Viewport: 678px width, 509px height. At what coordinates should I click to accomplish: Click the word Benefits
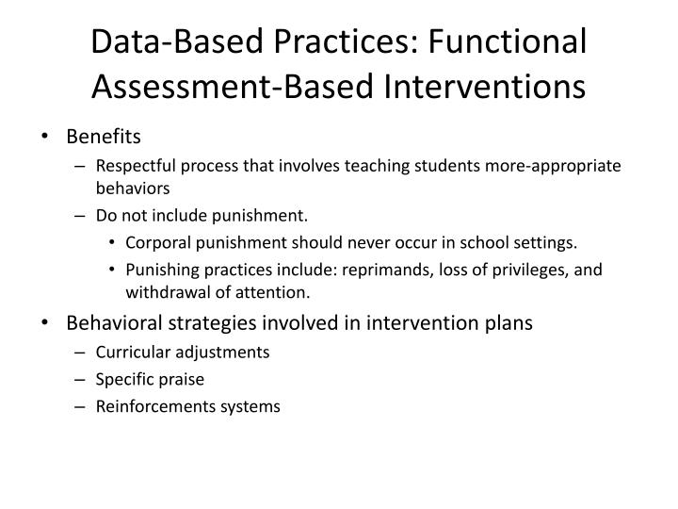pyautogui.click(x=104, y=137)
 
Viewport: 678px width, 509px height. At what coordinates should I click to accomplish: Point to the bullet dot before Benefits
pyautogui.click(x=46, y=137)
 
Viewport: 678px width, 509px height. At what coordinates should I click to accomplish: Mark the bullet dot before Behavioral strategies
pyautogui.click(x=46, y=322)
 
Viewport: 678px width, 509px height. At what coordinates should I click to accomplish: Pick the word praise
pyautogui.click(x=182, y=380)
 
